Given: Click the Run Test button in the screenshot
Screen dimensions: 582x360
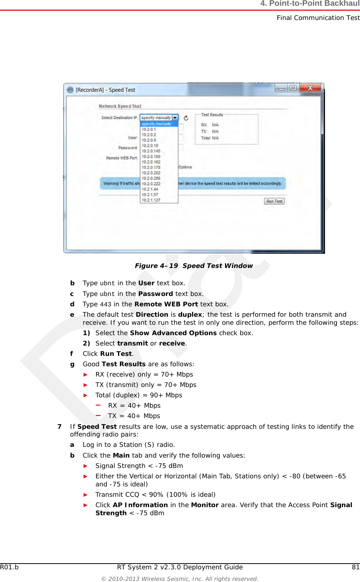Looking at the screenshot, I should tap(274, 201).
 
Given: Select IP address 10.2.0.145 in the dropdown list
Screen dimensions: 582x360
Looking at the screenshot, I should tap(151, 151).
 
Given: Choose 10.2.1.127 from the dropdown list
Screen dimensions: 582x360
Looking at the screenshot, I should tap(151, 200).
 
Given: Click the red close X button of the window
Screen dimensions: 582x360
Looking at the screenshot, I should tap(310, 88).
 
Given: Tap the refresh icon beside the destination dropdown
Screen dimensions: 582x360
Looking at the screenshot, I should tap(186, 118).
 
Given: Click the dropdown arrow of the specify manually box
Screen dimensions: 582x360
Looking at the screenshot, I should tap(175, 118).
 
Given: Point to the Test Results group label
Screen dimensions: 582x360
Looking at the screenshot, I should tap(212, 115).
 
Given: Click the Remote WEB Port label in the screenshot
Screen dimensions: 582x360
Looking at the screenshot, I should tap(121, 158).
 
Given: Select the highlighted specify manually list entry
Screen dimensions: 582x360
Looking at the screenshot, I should tap(156, 124).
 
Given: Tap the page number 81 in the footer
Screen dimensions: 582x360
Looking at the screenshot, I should tap(355, 567).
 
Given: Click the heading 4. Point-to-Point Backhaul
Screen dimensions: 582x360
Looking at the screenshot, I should tap(310, 3).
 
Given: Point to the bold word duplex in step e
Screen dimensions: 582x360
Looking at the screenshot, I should tap(190, 314).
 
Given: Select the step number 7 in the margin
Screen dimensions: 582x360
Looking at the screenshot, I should tap(60, 427).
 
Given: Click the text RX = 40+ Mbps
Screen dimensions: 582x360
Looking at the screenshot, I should tap(134, 405).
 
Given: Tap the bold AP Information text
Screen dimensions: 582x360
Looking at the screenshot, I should tap(140, 505).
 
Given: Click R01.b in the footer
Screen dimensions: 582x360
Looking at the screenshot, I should tap(9, 567).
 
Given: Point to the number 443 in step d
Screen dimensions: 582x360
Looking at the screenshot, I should tap(105, 304).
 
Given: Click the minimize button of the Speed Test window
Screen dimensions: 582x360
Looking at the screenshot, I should tap(281, 88).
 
